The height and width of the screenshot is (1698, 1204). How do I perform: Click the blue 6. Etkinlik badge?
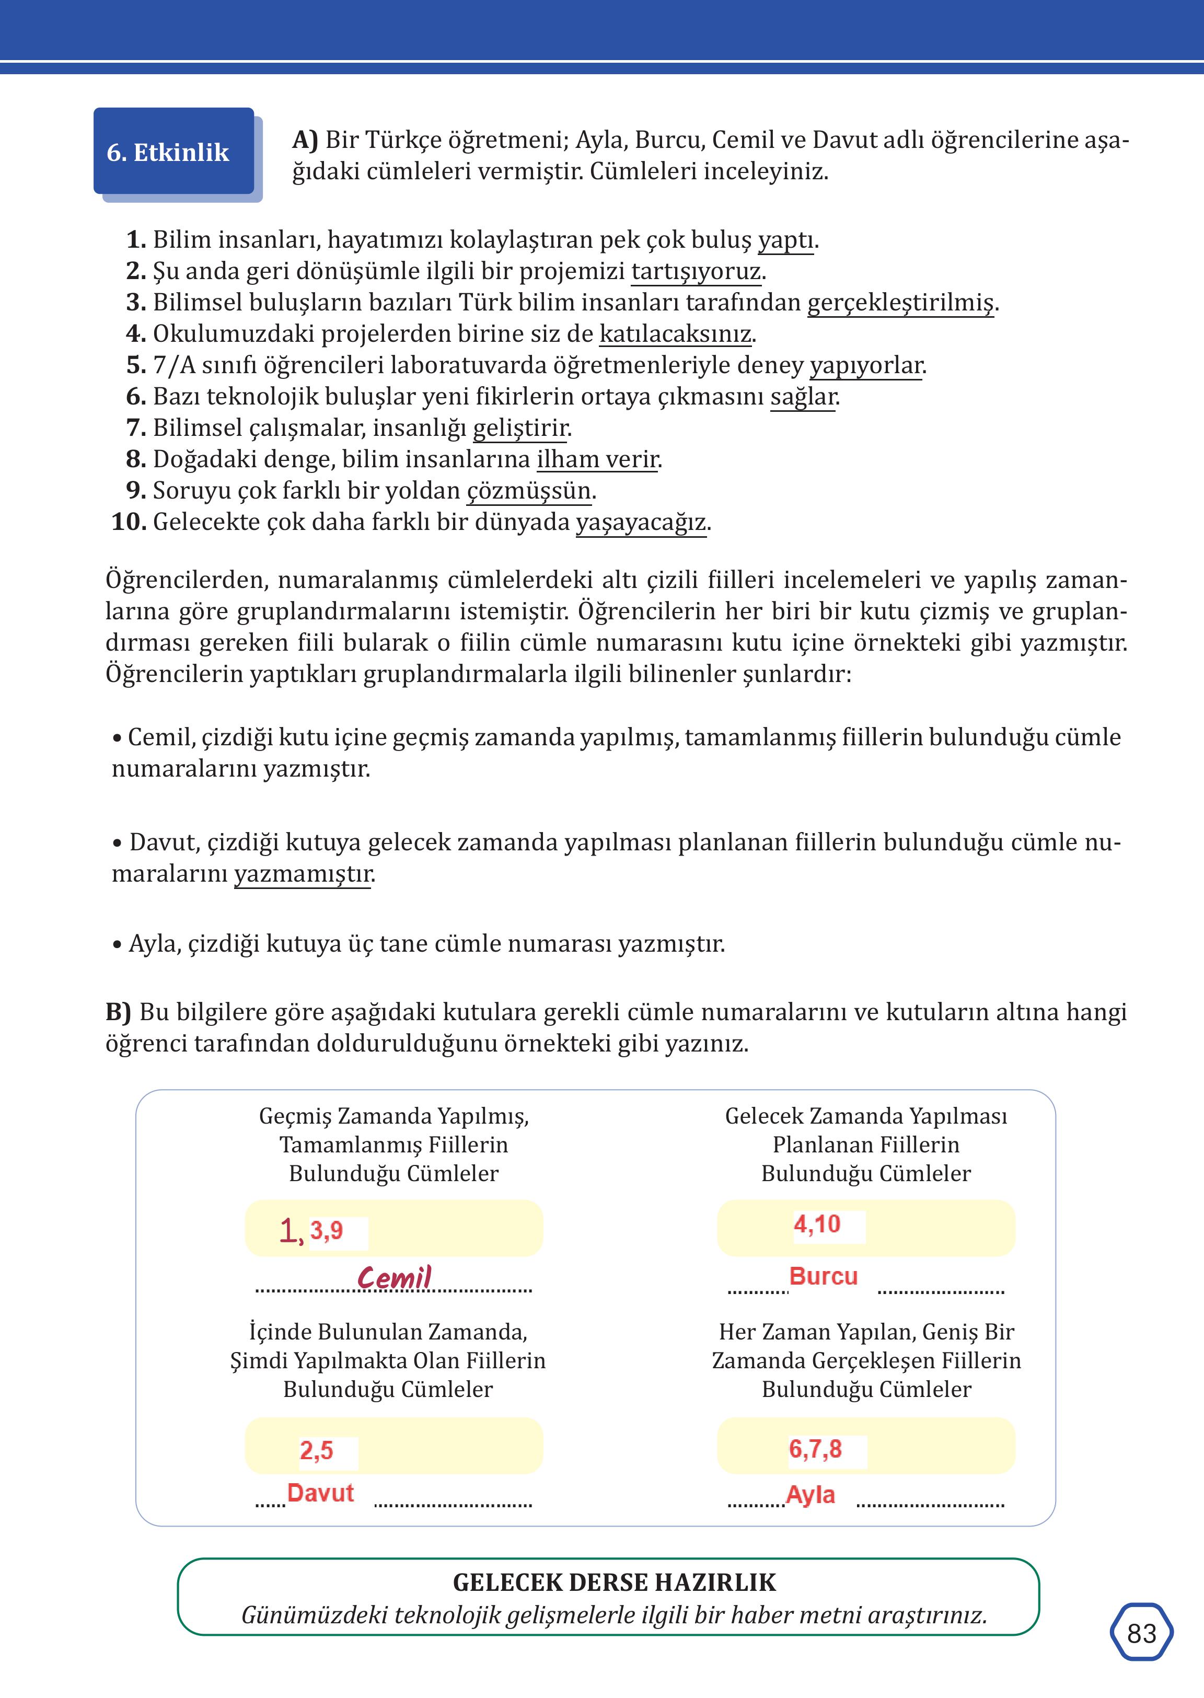coord(173,151)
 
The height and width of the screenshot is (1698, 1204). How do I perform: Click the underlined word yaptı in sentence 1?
coord(785,240)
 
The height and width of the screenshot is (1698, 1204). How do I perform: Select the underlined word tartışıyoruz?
coord(696,271)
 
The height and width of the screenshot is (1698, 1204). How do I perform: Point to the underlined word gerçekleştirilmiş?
coord(900,303)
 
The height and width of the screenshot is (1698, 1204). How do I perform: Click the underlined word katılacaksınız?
coord(675,333)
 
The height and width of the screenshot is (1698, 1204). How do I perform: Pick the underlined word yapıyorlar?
coord(865,365)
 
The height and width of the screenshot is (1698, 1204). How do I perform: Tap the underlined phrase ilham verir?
coord(597,459)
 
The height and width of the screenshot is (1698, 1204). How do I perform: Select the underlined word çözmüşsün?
coord(529,490)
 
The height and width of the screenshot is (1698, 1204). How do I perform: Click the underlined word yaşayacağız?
coord(641,522)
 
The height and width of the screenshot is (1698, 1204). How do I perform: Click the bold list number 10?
coord(128,522)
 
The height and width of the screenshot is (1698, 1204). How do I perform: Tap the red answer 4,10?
coord(817,1224)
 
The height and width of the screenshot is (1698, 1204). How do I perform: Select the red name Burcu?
coord(823,1276)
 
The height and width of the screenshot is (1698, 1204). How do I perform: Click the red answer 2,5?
coord(317,1450)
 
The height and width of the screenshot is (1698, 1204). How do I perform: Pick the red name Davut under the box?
coord(320,1493)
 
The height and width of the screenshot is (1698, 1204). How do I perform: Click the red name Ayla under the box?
coord(811,1495)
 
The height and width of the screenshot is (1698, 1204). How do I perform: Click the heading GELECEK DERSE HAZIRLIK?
coord(614,1583)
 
